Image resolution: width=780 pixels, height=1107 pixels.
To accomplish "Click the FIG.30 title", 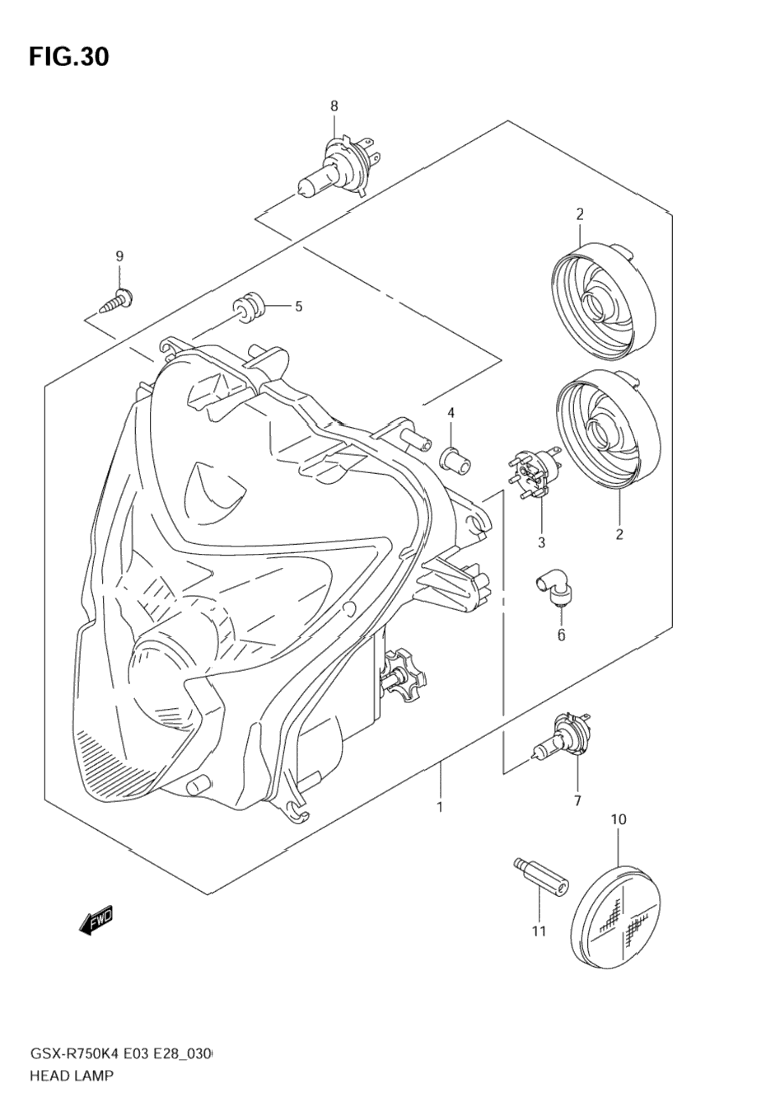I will click(x=69, y=56).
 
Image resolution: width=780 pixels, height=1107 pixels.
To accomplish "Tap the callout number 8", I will click(x=334, y=106).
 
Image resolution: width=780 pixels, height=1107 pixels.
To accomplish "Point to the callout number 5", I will click(x=298, y=307).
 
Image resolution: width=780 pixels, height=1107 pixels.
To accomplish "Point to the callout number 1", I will click(x=441, y=806).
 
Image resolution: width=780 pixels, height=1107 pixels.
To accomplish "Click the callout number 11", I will click(x=539, y=931).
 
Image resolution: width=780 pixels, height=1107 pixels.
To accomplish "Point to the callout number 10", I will click(x=619, y=819).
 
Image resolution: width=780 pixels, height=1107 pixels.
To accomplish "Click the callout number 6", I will click(x=561, y=635).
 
